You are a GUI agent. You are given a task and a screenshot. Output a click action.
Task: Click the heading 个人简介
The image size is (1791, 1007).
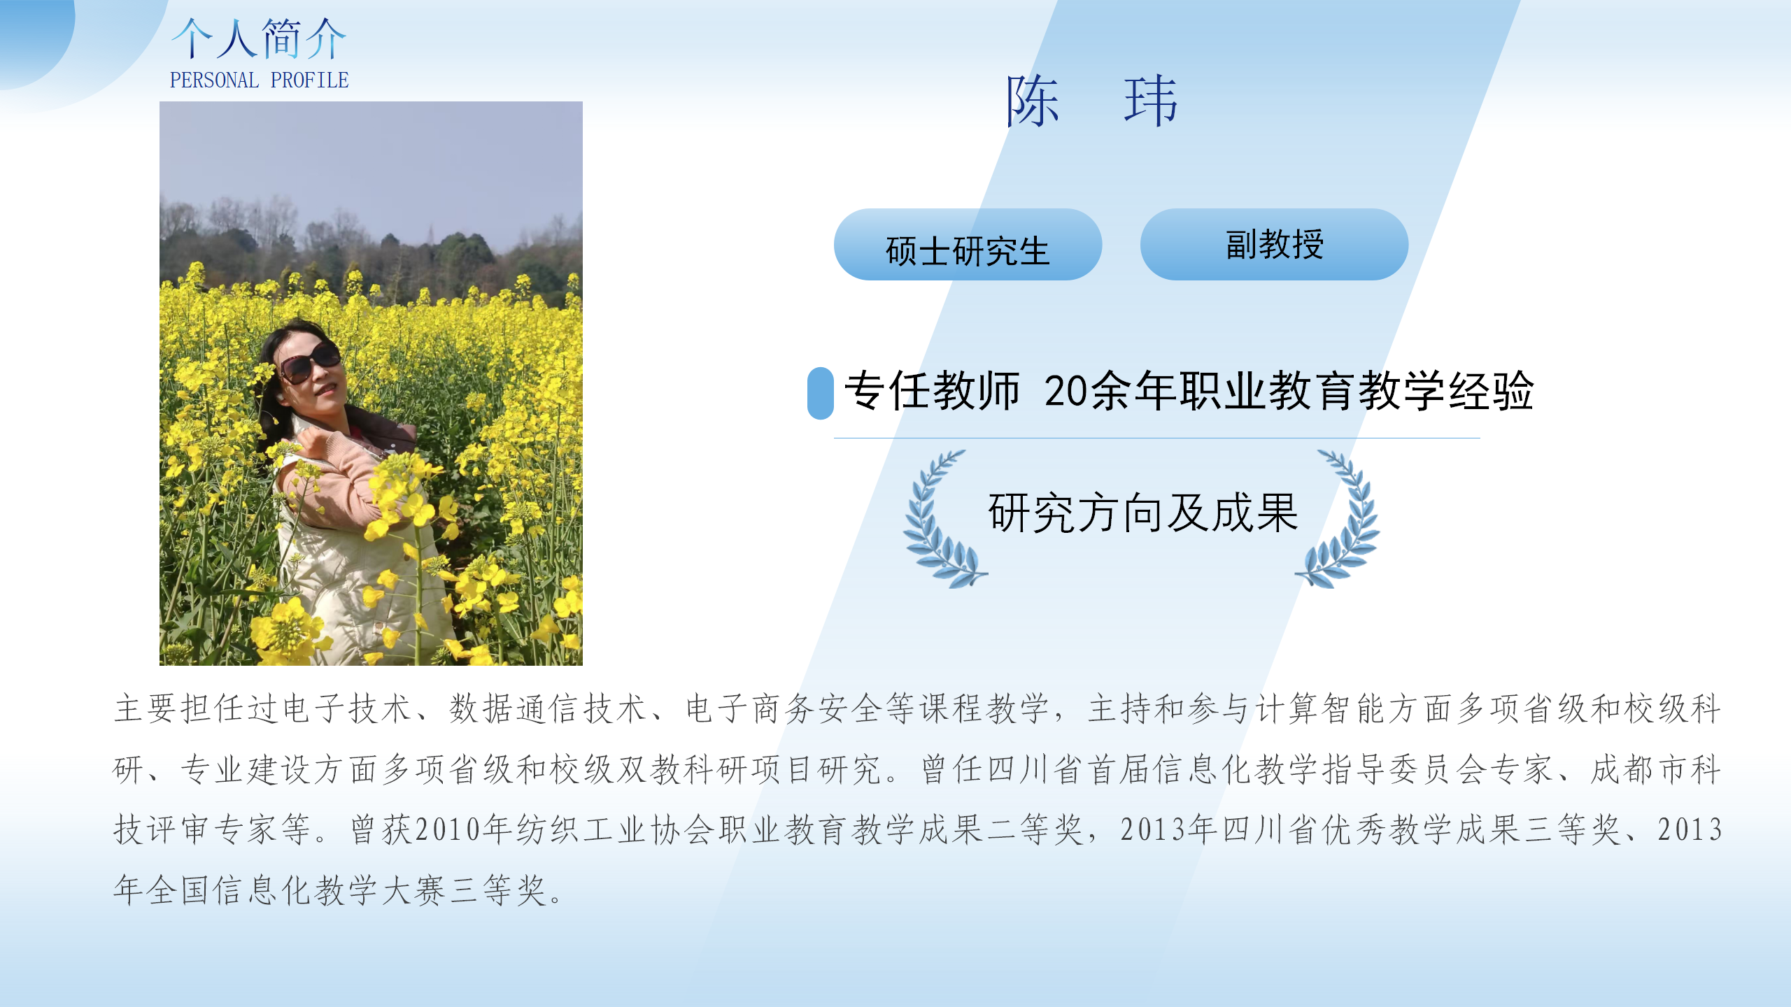tap(259, 38)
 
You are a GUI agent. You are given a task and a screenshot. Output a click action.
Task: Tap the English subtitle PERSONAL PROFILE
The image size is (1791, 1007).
tap(259, 80)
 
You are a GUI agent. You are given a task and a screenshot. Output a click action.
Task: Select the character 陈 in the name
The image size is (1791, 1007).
tap(1033, 101)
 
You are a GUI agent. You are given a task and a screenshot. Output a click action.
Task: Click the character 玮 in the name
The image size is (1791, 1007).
tap(1151, 101)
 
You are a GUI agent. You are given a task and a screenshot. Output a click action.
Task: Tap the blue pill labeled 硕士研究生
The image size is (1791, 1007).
tap(968, 245)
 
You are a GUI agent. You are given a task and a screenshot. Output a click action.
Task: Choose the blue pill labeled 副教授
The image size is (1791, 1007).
tap(1274, 245)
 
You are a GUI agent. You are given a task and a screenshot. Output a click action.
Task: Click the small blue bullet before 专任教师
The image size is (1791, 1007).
tap(820, 393)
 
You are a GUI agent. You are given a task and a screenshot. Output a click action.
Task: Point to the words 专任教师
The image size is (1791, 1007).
tap(933, 391)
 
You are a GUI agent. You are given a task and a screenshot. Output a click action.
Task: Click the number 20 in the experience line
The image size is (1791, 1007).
tap(1066, 392)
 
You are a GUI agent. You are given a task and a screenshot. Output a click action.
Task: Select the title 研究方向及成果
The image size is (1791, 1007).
tap(1143, 513)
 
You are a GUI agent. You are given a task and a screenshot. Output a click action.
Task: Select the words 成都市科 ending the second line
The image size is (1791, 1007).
tap(1655, 769)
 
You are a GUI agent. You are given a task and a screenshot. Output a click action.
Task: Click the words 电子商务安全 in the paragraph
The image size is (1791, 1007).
tap(785, 708)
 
